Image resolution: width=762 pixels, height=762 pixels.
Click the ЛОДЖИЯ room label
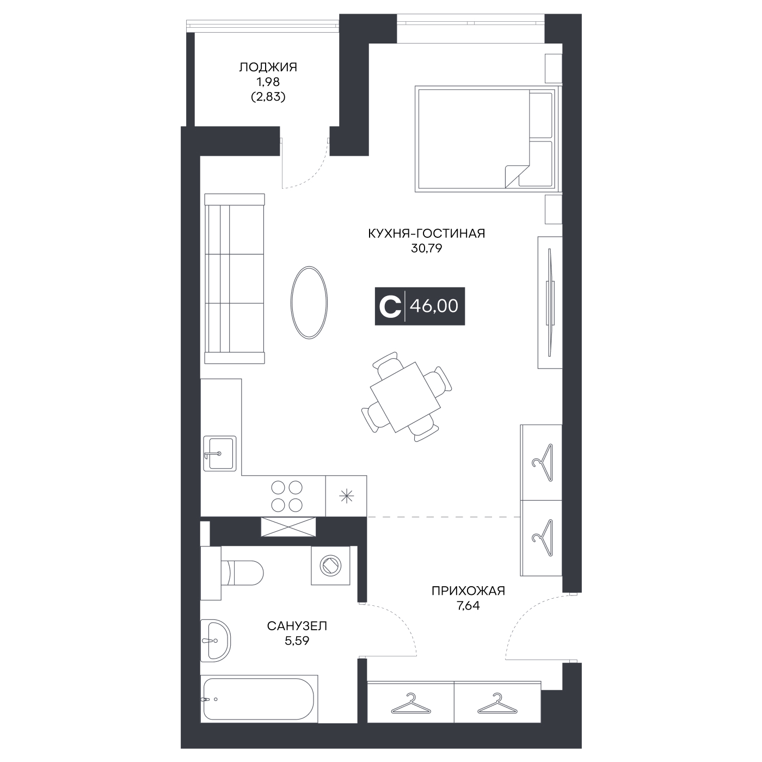click(x=268, y=67)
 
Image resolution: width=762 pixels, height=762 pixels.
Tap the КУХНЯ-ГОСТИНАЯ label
click(x=427, y=233)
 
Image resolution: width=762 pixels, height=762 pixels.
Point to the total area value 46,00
click(x=434, y=306)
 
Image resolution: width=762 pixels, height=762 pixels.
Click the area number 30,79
click(x=427, y=248)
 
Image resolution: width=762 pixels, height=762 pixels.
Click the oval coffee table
click(x=309, y=303)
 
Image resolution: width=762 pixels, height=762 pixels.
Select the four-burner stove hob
click(x=287, y=496)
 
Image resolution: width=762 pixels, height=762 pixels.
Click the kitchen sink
click(x=220, y=453)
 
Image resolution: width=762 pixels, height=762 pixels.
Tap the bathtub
click(x=259, y=699)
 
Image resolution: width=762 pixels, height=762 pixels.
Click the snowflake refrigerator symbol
click(x=346, y=496)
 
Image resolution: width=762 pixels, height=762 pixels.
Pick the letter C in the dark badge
click(x=390, y=306)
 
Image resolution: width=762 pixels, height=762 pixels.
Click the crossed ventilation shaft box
click(x=288, y=526)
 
